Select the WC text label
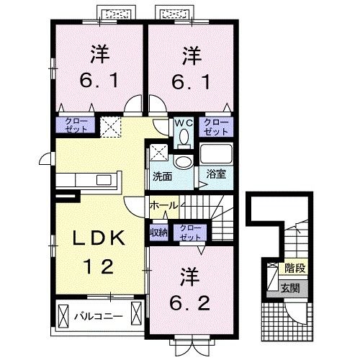tap(181, 122)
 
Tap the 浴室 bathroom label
tap(215, 175)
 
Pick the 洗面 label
tap(161, 175)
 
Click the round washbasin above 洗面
tap(183, 160)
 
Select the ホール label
tap(163, 206)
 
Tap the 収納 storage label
tap(159, 232)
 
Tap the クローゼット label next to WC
tap(215, 127)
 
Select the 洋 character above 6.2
tap(189, 276)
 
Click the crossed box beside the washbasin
tap(159, 153)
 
